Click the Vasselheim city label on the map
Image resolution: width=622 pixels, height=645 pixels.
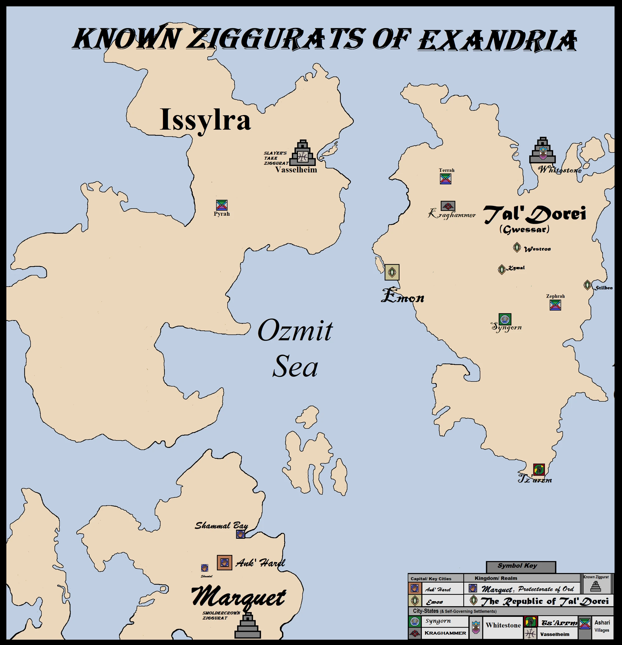[296, 170]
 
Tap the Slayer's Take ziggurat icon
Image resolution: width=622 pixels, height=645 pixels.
[302, 153]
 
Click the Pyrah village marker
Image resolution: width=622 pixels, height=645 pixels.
[222, 205]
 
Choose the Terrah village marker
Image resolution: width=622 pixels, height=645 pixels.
[446, 179]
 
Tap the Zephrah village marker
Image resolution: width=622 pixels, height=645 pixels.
[555, 305]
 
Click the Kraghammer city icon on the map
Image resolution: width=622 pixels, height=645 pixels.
[448, 206]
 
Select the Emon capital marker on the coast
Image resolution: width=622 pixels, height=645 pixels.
[392, 272]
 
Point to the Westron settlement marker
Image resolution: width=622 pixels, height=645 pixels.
[517, 247]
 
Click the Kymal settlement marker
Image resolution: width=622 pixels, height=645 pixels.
[501, 270]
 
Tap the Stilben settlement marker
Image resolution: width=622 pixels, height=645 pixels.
[587, 285]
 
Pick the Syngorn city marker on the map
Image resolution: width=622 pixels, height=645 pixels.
[504, 319]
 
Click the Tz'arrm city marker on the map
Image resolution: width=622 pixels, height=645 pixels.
[539, 470]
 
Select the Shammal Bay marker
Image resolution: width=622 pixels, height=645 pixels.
[240, 534]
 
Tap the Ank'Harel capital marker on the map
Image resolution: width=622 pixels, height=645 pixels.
[224, 562]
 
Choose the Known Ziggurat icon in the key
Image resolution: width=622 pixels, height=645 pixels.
[596, 586]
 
